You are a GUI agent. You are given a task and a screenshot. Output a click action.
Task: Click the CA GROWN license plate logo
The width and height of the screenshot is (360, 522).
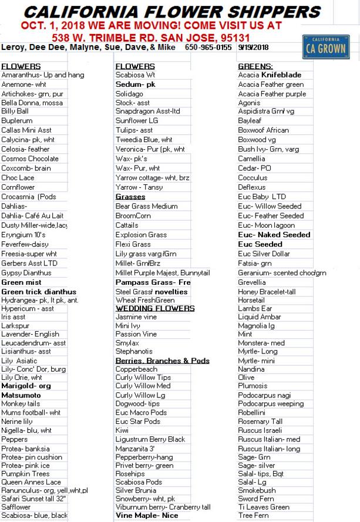[324, 47]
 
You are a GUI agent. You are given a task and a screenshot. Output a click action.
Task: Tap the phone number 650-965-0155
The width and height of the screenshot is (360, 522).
[208, 47]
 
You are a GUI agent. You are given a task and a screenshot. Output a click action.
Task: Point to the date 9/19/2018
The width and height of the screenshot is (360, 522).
[253, 47]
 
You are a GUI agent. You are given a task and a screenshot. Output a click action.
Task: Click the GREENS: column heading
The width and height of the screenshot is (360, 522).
[255, 66]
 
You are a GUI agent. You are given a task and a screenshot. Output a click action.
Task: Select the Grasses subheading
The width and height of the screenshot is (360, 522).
[130, 197]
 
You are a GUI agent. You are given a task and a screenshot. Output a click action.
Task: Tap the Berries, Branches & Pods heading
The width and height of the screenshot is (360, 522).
[162, 361]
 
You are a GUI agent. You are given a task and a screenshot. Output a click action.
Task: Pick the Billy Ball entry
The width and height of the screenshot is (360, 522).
[15, 111]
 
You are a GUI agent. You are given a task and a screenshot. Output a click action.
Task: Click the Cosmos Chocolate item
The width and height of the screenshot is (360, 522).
[29, 159]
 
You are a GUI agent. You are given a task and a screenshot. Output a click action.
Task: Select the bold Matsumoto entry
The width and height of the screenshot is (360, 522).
[21, 395]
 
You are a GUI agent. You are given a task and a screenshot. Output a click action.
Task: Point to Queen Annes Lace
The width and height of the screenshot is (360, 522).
[31, 482]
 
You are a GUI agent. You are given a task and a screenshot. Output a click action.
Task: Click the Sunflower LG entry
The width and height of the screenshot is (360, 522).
[137, 120]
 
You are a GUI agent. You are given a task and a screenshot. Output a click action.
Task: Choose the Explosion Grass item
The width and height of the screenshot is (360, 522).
[141, 234]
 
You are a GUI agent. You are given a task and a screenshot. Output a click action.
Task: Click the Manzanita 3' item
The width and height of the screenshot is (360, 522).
[135, 448]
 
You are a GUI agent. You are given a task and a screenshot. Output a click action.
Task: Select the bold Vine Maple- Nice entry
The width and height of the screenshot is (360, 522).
[146, 515]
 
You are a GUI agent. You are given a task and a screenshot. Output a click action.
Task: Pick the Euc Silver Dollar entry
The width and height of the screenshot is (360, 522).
[264, 254]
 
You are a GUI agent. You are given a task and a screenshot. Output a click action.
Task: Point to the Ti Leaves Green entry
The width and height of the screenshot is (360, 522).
[263, 507]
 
